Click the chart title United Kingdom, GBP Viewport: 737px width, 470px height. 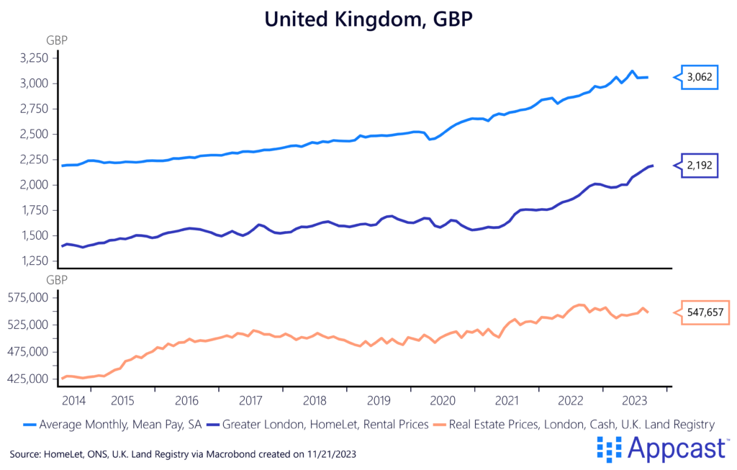[x=368, y=19]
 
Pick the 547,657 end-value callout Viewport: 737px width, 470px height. [x=704, y=312]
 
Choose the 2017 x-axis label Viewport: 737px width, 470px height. [x=250, y=400]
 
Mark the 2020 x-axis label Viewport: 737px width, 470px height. [x=443, y=400]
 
